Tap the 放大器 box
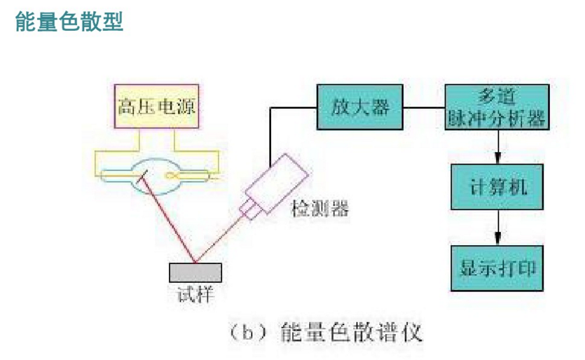[360, 109]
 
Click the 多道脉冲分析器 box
[496, 108]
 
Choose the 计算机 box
[496, 188]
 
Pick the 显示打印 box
[496, 268]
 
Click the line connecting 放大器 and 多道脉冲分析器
[425, 109]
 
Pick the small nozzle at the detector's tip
[248, 209]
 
